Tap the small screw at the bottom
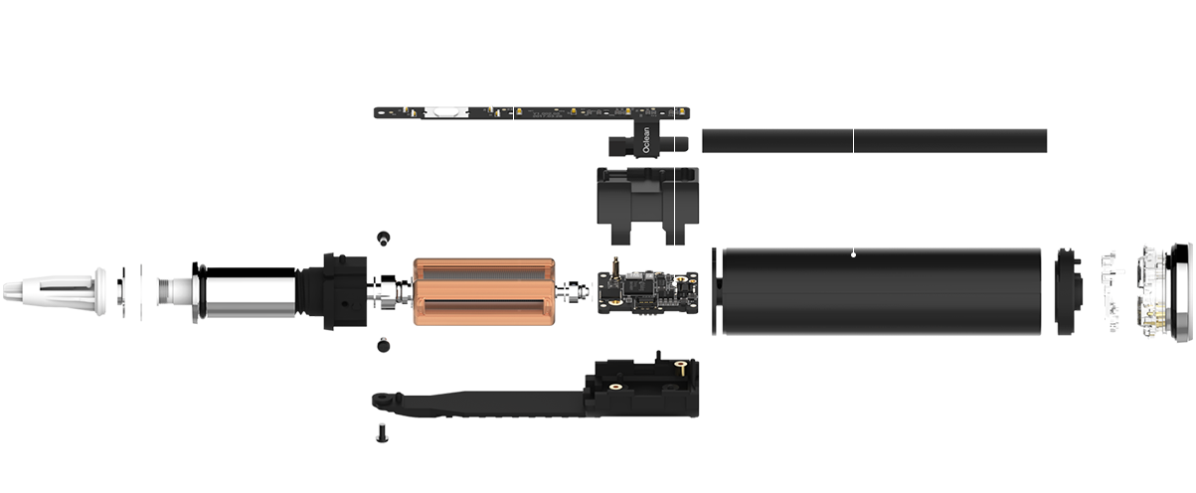382,434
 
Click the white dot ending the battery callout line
854,254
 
